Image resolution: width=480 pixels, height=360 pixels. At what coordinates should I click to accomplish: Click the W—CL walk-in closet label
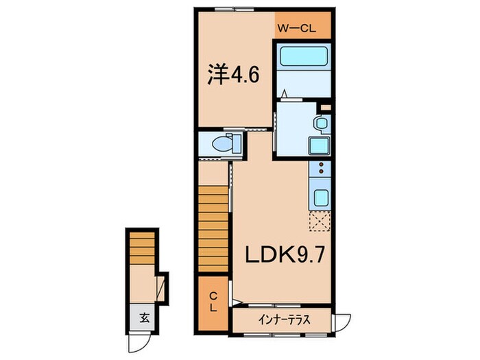[296, 27]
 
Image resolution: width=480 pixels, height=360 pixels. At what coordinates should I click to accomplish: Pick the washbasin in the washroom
[320, 123]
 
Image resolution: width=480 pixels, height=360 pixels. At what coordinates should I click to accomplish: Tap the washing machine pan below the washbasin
[319, 146]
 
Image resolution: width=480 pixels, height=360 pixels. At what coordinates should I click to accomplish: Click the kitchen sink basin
[320, 197]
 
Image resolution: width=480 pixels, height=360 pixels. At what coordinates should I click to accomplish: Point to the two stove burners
[320, 171]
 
